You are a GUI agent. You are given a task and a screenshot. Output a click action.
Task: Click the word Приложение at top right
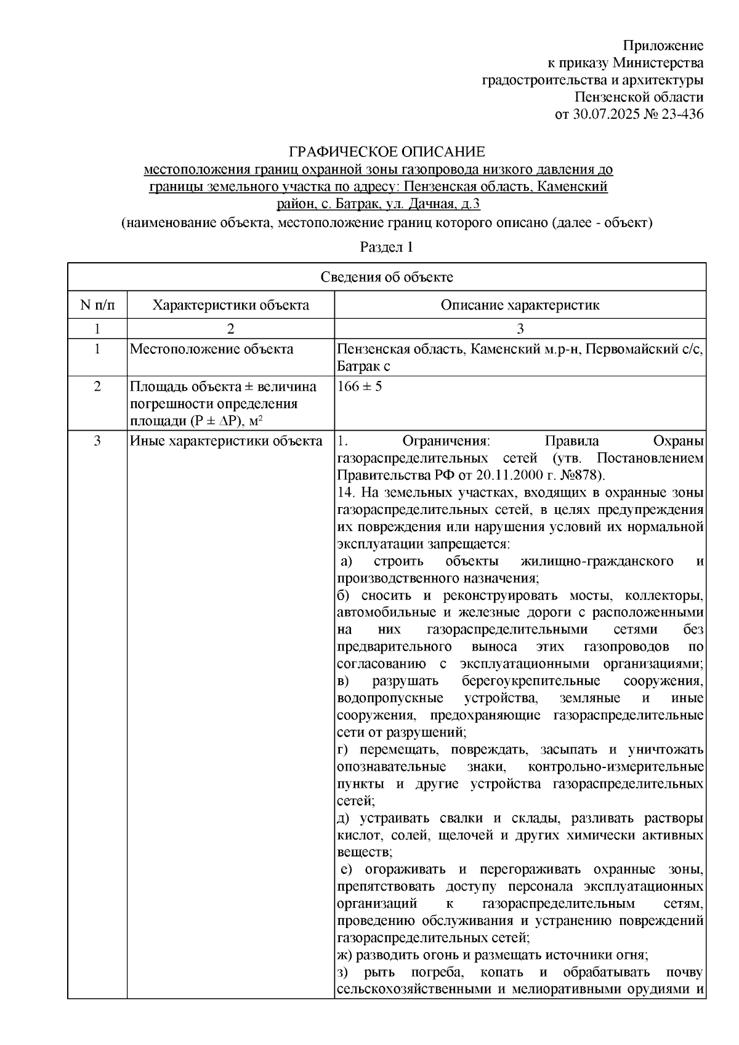pos(663,46)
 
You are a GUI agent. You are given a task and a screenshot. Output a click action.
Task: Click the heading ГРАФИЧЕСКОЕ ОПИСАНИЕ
pos(387,152)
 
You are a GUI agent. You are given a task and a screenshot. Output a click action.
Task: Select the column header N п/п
pos(97,305)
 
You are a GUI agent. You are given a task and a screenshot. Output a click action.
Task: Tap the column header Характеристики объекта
pos(231,305)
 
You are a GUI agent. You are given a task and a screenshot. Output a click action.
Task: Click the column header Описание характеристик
pos(520,305)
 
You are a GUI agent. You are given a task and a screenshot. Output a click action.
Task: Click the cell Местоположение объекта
pos(211,350)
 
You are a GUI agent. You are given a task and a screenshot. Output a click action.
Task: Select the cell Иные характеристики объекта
pos(225,441)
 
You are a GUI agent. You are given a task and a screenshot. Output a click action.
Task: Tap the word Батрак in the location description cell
pos(358,367)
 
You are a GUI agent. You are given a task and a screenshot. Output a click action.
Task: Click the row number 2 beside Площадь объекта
pos(97,387)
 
